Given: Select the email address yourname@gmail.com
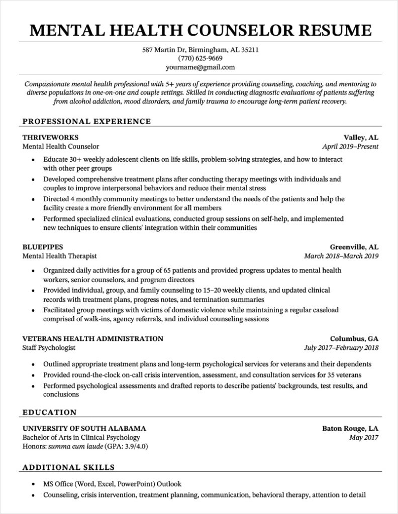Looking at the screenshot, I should [199, 67].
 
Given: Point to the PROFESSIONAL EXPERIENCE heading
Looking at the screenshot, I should [86, 121].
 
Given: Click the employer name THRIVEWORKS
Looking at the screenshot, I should [50, 138].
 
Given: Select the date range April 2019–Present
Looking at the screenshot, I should [350, 147].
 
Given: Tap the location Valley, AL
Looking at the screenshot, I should [361, 138].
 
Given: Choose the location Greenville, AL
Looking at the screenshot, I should [354, 247].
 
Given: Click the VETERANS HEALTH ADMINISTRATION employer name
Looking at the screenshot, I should [93, 338].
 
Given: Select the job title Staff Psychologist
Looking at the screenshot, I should [49, 347].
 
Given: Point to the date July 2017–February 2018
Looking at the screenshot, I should [341, 347].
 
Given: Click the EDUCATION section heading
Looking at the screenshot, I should [50, 413].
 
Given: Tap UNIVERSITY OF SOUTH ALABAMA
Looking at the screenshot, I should [84, 429].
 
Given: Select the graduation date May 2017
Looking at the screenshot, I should [364, 438].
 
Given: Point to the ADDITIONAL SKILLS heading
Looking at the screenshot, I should [69, 468].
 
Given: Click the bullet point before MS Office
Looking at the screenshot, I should [33, 485].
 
